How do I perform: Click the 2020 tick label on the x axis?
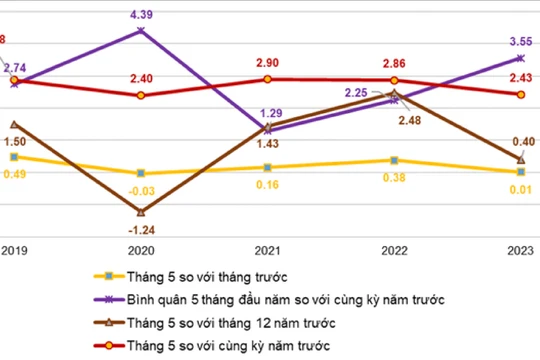click(140, 250)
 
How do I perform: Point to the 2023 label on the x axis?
click(521, 250)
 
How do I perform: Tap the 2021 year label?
click(267, 250)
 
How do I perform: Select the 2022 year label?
click(394, 250)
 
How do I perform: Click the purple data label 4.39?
click(140, 14)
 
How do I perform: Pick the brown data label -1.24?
click(140, 229)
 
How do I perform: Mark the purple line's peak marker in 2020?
click(140, 31)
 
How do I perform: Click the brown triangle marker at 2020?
click(140, 212)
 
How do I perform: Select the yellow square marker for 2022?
click(394, 160)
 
